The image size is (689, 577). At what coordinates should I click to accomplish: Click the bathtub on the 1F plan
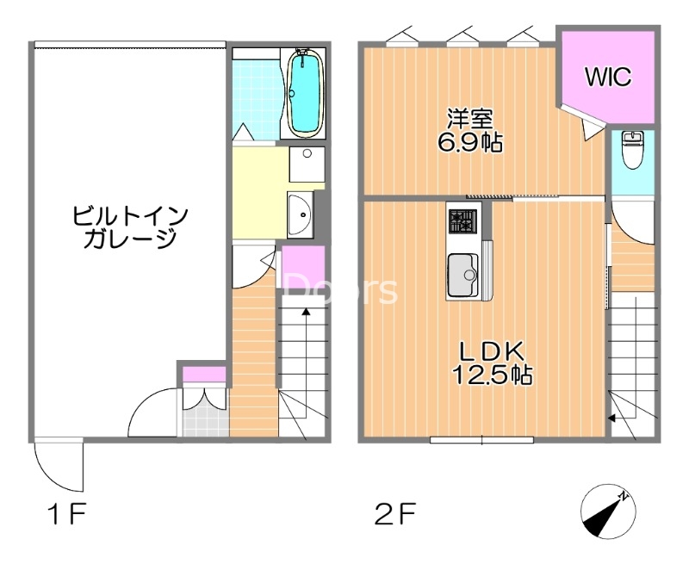point(303,92)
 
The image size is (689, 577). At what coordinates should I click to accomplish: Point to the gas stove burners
point(461,221)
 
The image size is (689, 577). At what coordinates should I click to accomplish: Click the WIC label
point(608,77)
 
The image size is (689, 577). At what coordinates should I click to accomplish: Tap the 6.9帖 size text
point(469,143)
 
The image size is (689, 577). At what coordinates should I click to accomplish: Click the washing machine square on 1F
point(306,164)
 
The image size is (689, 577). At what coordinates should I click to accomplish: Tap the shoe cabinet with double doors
point(204,399)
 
